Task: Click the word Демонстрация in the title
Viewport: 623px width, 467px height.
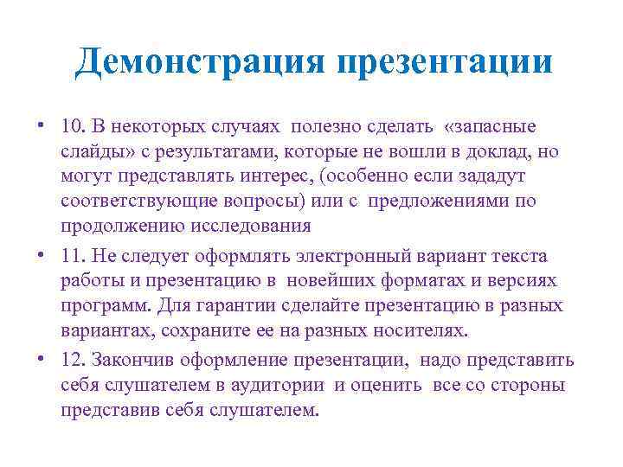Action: (199, 62)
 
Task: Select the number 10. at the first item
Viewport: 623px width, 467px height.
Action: (71, 127)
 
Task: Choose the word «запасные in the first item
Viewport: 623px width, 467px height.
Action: (490, 127)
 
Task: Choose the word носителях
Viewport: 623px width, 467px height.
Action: (418, 330)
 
